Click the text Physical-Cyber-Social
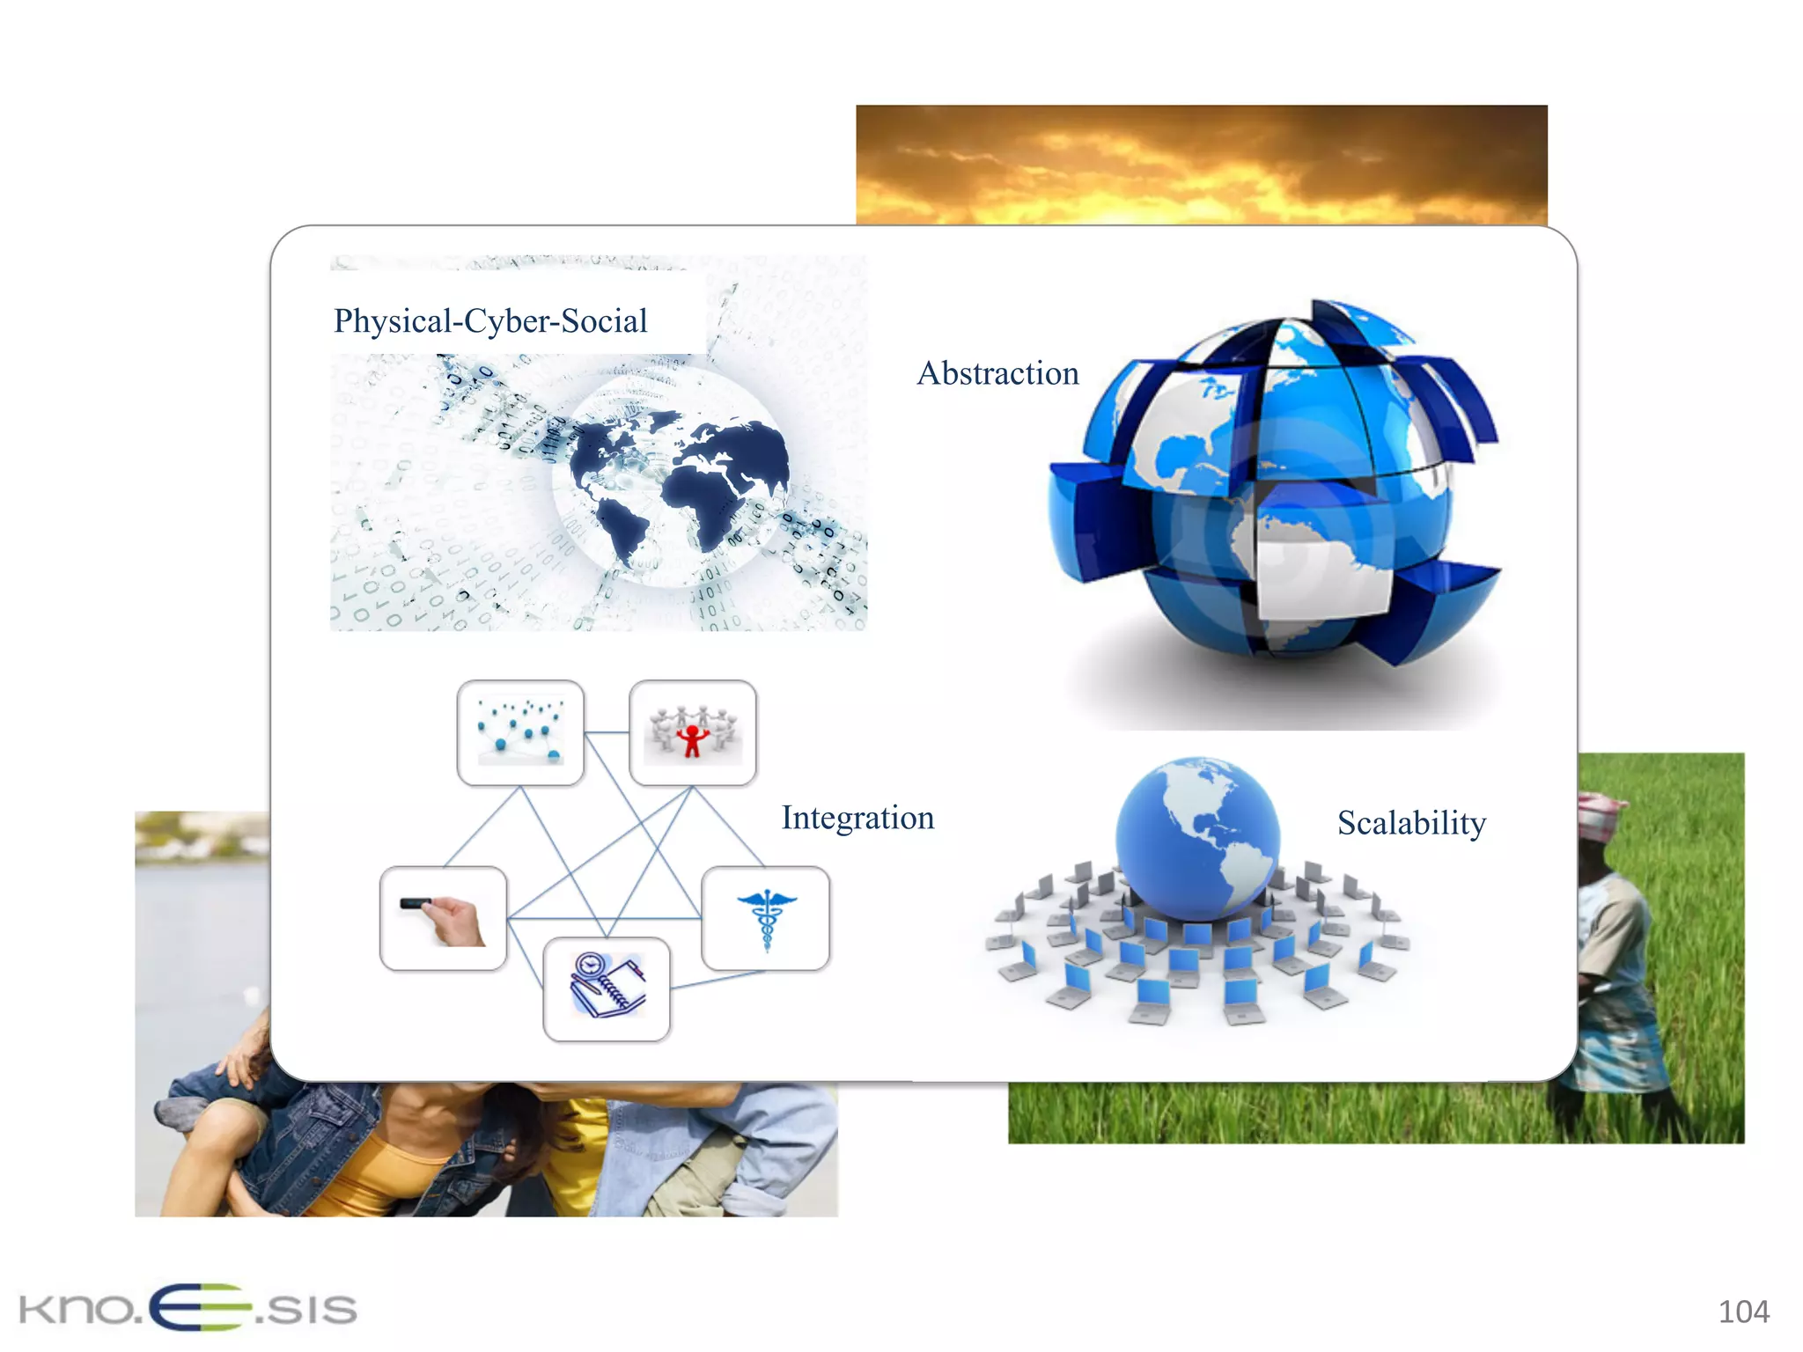[x=490, y=321]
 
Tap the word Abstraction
[x=997, y=373]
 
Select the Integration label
[x=857, y=818]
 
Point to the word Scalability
[x=1411, y=823]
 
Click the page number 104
[x=1743, y=1312]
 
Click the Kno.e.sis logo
[x=188, y=1308]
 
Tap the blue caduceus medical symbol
[x=766, y=919]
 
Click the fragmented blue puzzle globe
[x=1272, y=484]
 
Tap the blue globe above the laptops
[x=1197, y=836]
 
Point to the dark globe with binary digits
[x=673, y=480]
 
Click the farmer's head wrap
[x=1601, y=814]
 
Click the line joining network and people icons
[x=607, y=732]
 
